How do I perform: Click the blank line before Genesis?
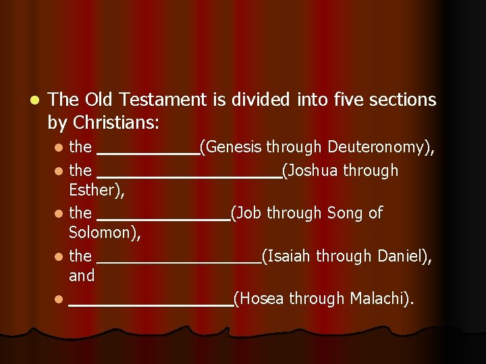click(x=148, y=154)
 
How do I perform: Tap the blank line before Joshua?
click(x=189, y=177)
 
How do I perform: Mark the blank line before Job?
click(x=163, y=220)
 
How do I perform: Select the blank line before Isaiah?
click(x=178, y=263)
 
